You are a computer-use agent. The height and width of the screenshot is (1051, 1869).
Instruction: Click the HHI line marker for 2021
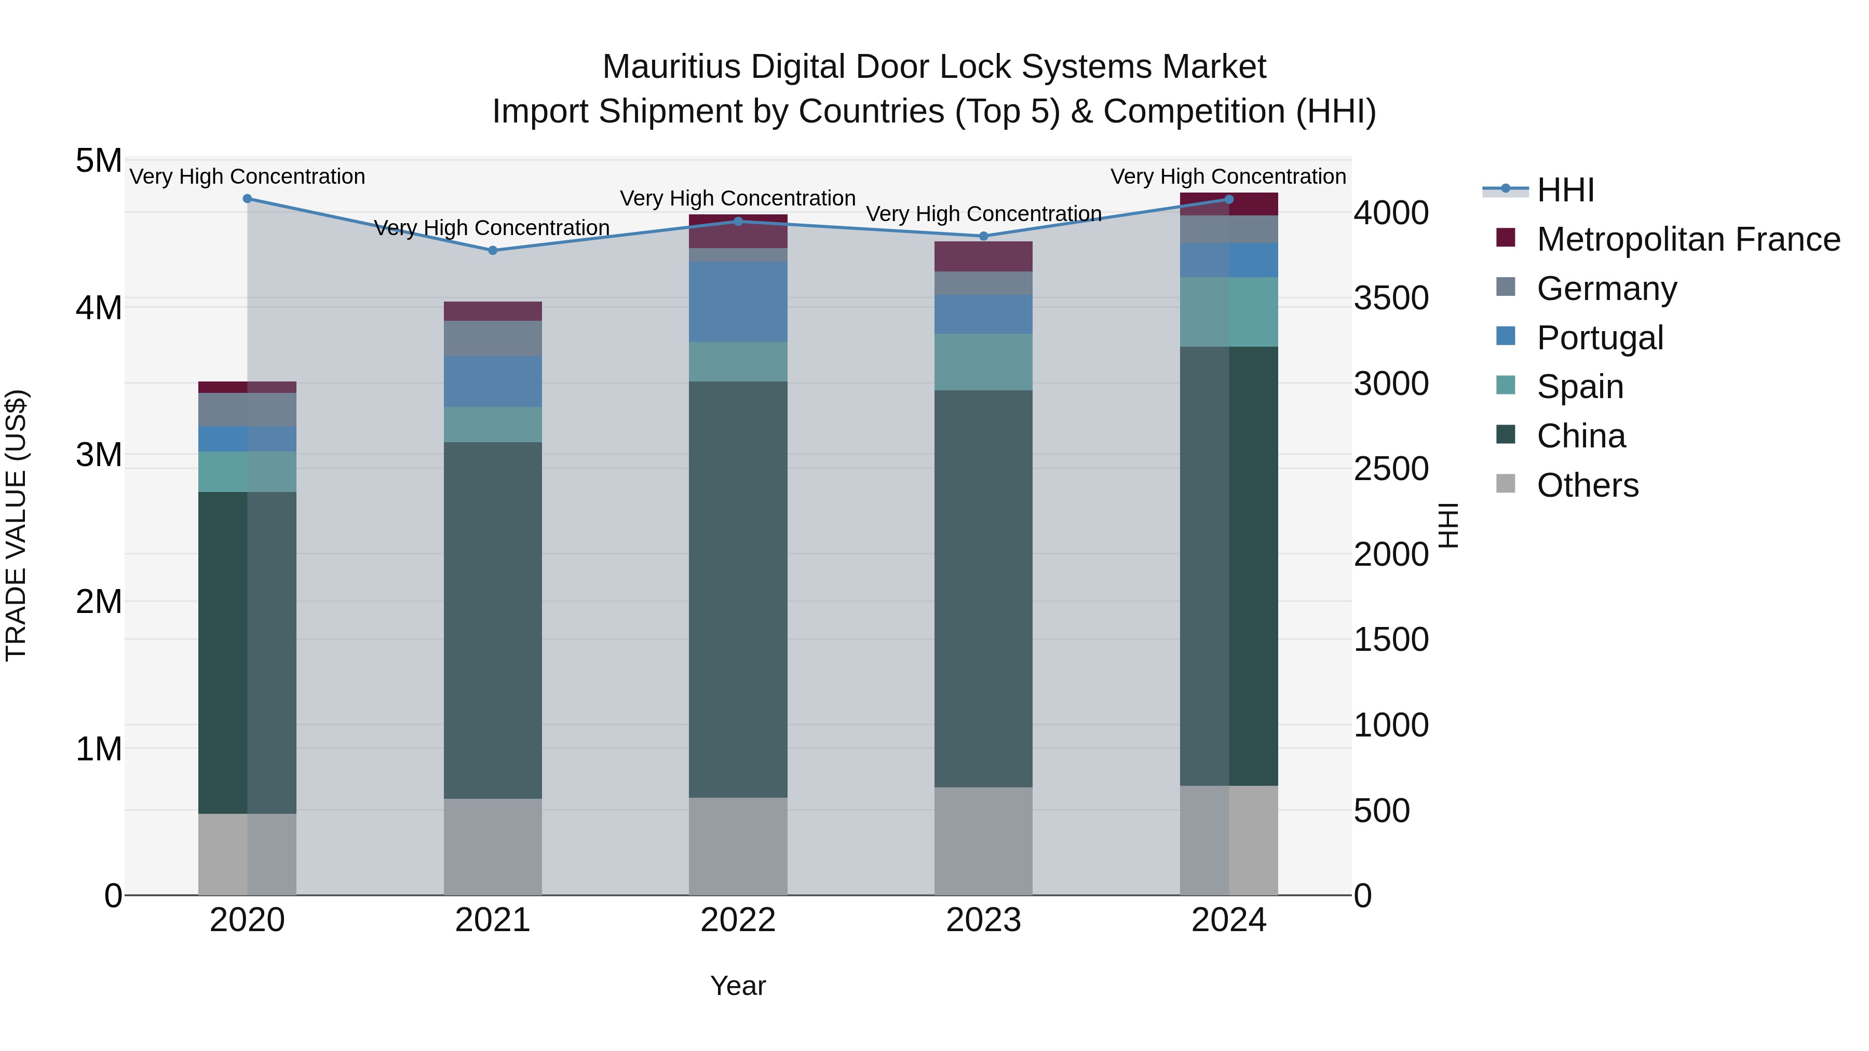pos(493,250)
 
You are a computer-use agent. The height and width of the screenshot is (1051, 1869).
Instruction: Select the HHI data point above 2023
pos(983,236)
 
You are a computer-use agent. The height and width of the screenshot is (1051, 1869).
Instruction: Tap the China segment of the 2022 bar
pos(738,589)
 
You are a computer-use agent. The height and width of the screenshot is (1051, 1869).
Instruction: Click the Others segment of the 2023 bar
pos(983,841)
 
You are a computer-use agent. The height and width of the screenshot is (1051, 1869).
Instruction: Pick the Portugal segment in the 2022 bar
pos(738,302)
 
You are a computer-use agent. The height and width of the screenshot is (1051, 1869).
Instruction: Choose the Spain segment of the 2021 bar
pos(493,425)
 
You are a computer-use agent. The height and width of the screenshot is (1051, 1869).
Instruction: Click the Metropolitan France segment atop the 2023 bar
pos(983,256)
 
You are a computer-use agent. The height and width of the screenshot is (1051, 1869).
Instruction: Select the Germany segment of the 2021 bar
pos(493,338)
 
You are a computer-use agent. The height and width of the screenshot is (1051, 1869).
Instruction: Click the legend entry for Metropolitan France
pos(1688,239)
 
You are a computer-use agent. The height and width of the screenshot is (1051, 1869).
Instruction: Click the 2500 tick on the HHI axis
pos(1390,469)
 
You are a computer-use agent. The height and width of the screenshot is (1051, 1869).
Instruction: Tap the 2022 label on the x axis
pos(738,920)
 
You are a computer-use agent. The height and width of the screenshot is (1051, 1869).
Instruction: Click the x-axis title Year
pos(738,986)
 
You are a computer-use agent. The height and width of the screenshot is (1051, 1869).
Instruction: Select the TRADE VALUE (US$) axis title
pos(16,525)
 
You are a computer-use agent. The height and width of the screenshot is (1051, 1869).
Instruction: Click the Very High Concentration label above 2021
pos(492,228)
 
